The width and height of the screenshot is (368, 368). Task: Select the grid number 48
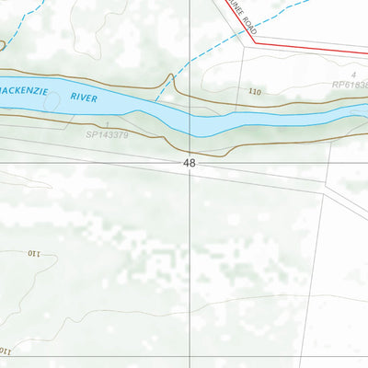[190, 163]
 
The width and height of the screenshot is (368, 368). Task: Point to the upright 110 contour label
[255, 91]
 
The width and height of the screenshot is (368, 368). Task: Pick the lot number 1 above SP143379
[108, 123]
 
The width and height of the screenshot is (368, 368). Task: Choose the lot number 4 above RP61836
[351, 74]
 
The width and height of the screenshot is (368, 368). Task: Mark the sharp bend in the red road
[252, 40]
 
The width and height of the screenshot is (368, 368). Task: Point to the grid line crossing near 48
[191, 162]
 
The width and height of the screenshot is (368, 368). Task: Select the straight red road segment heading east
[313, 49]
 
